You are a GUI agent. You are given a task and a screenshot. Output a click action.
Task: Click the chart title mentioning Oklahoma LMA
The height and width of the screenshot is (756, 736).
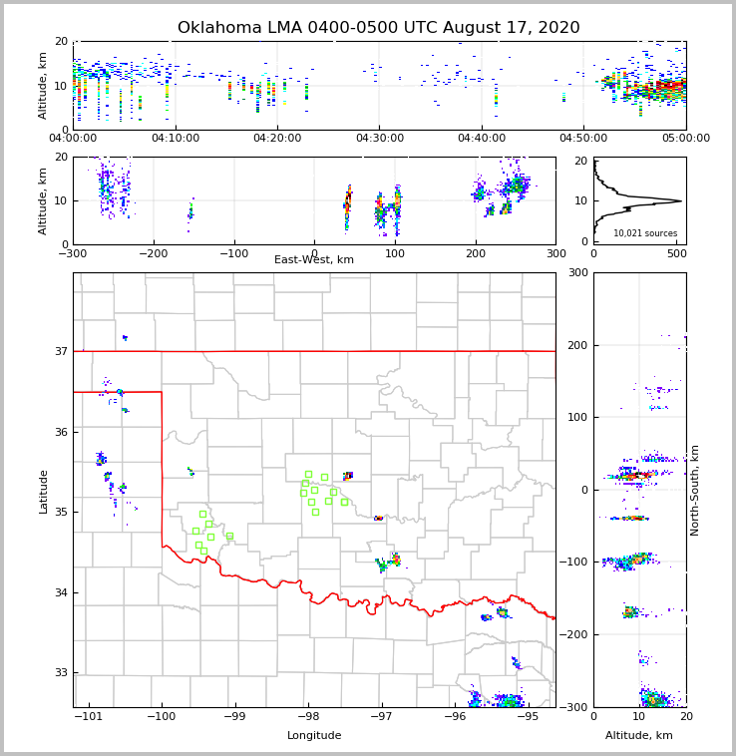tap(378, 28)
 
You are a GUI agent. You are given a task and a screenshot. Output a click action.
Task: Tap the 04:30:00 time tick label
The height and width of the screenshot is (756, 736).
tap(379, 139)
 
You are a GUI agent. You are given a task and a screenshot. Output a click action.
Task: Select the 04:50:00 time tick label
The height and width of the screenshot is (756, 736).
tap(583, 139)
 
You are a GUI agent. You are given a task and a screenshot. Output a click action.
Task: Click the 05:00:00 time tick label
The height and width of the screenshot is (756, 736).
tap(685, 139)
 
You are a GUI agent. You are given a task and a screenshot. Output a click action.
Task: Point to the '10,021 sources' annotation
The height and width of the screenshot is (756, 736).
tap(645, 233)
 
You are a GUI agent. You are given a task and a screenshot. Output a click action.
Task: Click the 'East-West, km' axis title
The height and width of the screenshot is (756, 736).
tap(314, 260)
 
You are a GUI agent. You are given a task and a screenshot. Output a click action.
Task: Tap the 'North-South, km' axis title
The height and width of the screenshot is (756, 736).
tap(695, 490)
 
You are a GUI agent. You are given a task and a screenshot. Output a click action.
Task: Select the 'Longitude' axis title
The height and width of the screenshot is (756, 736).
tap(314, 736)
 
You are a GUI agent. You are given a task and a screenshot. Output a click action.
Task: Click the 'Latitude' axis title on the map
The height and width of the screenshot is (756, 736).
tap(43, 491)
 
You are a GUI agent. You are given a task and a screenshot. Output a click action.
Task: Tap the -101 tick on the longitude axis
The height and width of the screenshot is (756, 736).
tap(89, 716)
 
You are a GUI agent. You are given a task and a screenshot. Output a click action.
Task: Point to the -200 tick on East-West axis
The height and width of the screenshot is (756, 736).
tap(153, 253)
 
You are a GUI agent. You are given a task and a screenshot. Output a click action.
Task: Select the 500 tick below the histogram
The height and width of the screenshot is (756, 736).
tap(676, 253)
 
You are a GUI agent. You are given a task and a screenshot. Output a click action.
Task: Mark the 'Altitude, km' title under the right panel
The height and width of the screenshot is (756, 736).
tap(639, 736)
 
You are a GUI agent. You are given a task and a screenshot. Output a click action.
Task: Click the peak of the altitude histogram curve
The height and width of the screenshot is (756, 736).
tap(682, 200)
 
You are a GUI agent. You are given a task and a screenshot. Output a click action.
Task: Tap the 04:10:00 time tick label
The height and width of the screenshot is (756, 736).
tap(175, 139)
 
